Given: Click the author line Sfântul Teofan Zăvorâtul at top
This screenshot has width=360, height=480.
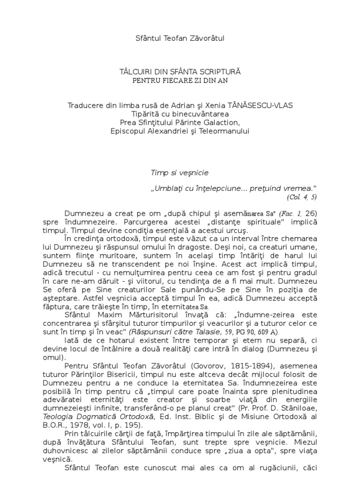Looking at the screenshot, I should point(180,38).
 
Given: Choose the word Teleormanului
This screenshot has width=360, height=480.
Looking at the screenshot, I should point(228,131).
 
